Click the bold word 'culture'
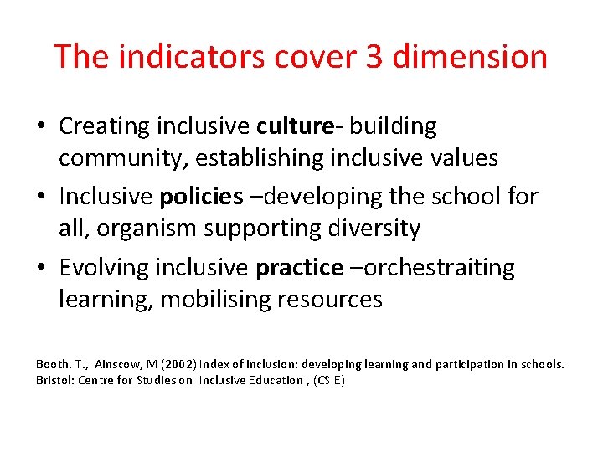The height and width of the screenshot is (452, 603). coord(296,126)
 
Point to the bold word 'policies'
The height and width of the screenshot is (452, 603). coord(201,197)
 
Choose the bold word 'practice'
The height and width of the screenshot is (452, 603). coord(299,268)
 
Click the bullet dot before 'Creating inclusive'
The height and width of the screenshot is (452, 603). coord(41,128)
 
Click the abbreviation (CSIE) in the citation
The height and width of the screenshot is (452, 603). coord(328,380)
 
